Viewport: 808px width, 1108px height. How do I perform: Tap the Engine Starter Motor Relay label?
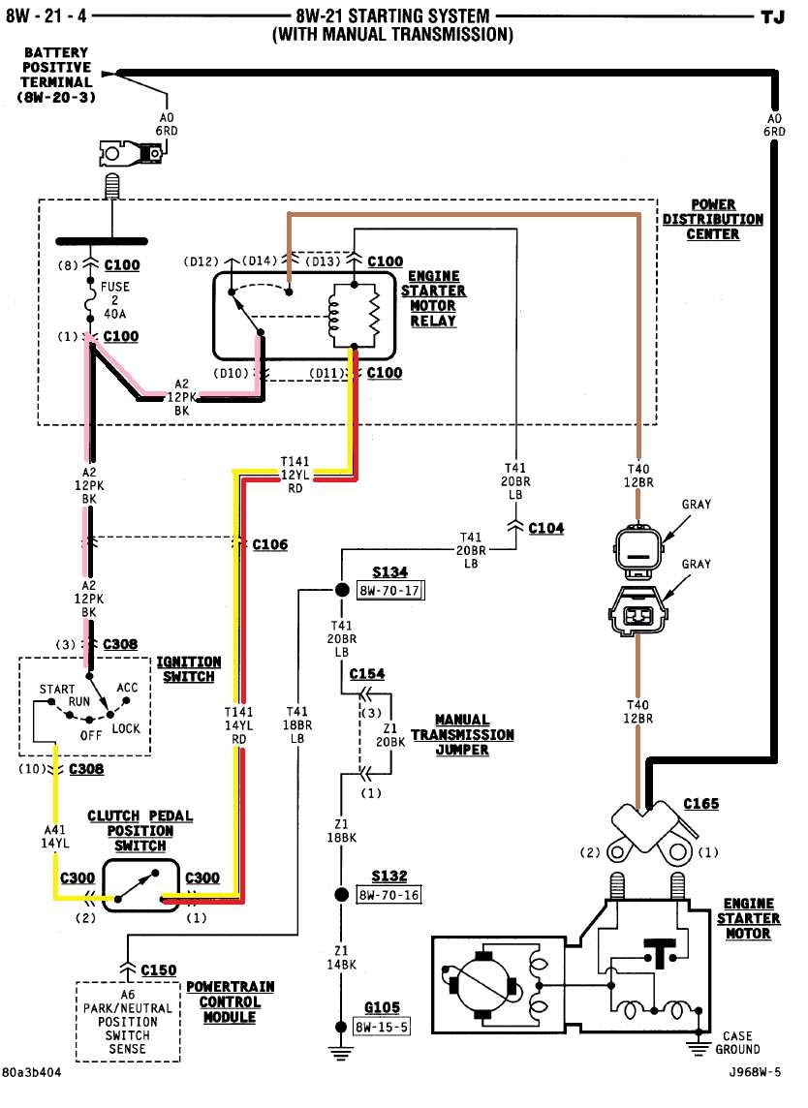pyautogui.click(x=433, y=298)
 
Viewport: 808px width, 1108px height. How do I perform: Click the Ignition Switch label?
pyautogui.click(x=189, y=669)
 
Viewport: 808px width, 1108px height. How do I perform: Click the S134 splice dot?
pyautogui.click(x=341, y=589)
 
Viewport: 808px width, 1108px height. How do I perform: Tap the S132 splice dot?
pyautogui.click(x=341, y=894)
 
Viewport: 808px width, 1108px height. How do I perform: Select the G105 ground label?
pyautogui.click(x=377, y=1008)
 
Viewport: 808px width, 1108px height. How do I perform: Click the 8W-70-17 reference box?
pyautogui.click(x=390, y=590)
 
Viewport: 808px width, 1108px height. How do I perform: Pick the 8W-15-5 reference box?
pyautogui.click(x=383, y=1027)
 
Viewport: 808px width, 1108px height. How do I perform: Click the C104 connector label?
pyautogui.click(x=546, y=528)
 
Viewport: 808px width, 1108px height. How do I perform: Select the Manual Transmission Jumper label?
pyautogui.click(x=462, y=734)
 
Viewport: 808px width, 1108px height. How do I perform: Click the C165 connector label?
pyautogui.click(x=701, y=804)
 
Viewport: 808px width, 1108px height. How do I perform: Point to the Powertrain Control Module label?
pyautogui.click(x=230, y=1001)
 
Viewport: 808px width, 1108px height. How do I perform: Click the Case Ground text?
pyautogui.click(x=737, y=1042)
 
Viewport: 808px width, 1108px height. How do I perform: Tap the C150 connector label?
pyautogui.click(x=159, y=969)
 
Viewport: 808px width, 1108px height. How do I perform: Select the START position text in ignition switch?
pyautogui.click(x=57, y=690)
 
